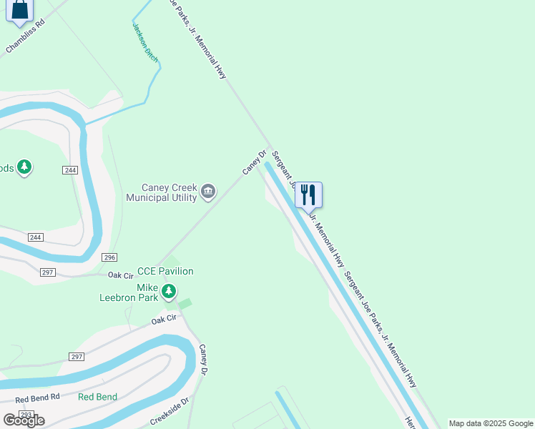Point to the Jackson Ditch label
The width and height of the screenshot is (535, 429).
click(145, 40)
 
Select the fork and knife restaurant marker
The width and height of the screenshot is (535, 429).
click(308, 194)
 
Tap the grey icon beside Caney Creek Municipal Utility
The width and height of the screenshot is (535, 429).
click(208, 190)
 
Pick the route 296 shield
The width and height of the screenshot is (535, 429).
click(109, 257)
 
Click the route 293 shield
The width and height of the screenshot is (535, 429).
click(26, 415)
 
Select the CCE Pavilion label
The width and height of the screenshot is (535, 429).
click(165, 271)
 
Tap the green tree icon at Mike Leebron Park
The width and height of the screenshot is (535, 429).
click(169, 291)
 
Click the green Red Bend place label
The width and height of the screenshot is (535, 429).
click(97, 397)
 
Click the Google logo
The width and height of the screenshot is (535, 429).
click(24, 420)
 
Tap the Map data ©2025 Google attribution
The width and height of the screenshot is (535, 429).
click(491, 423)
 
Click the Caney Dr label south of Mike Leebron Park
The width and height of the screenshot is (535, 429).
click(204, 360)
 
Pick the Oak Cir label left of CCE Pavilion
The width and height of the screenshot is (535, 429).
click(121, 275)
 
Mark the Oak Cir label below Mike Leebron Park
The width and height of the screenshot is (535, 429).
click(164, 320)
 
